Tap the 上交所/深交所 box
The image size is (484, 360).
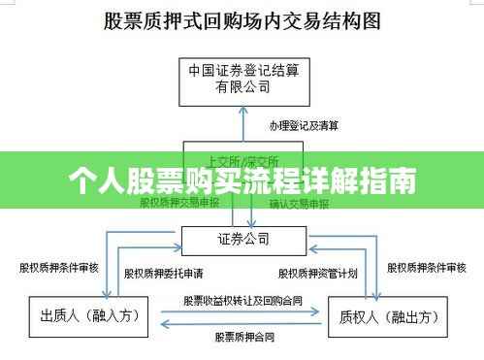pyautogui.click(x=243, y=159)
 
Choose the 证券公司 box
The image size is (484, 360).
pyautogui.click(x=242, y=238)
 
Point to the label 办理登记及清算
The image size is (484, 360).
pyautogui.click(x=304, y=126)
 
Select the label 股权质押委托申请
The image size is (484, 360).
pyautogui.click(x=157, y=274)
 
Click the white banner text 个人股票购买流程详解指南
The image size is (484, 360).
pyautogui.click(x=242, y=180)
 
